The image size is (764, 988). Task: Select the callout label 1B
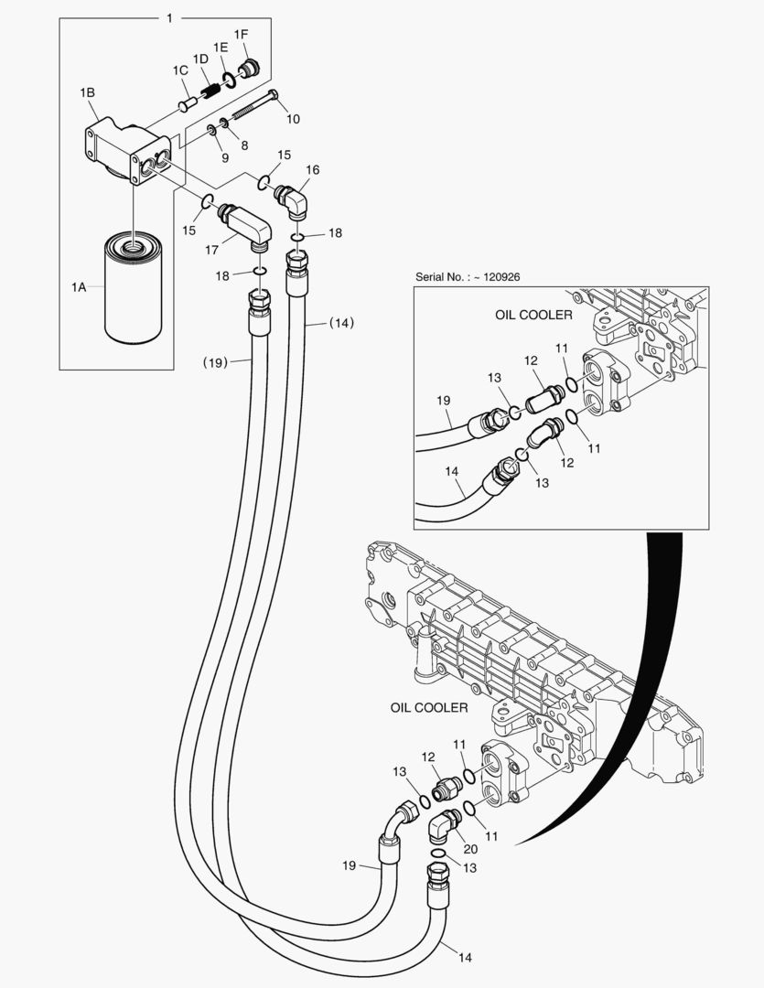coord(88,92)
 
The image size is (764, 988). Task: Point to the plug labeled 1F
coord(246,68)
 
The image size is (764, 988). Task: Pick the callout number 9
coord(225,158)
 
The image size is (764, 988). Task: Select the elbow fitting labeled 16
coord(294,200)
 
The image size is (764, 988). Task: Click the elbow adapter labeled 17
coord(245,224)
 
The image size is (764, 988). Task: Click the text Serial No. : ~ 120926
coord(473,277)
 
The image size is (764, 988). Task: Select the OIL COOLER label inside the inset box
coord(533,315)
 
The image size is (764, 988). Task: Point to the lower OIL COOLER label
coord(429,707)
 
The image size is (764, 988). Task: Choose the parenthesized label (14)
coord(341,323)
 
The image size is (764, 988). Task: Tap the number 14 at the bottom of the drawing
coord(465,958)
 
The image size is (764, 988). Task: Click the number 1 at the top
coord(169,17)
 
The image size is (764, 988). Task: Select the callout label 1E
coord(221,47)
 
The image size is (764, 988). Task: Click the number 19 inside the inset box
coord(444,400)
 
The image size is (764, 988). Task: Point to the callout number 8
coord(244,145)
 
